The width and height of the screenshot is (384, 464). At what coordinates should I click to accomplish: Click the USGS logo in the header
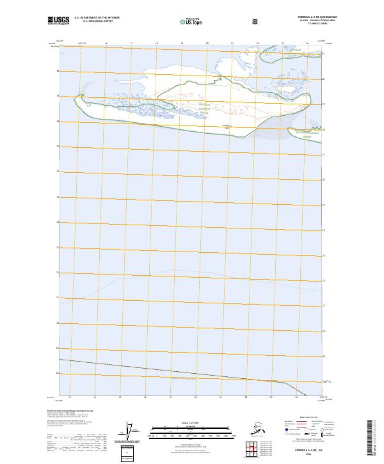coord(57,20)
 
